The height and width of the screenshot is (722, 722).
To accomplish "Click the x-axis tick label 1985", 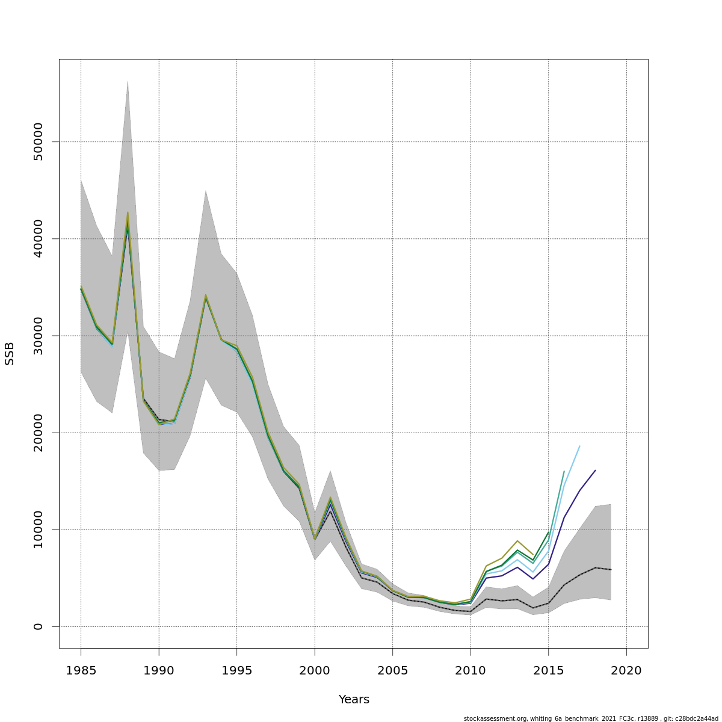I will [x=81, y=670].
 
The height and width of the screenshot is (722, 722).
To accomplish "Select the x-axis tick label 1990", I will [x=159, y=670].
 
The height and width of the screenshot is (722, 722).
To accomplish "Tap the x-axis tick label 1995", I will [x=236, y=670].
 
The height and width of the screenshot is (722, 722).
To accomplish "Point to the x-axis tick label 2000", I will [x=315, y=670].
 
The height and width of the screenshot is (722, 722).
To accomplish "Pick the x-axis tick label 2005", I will [x=392, y=670].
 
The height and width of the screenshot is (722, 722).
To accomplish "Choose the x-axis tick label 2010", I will [x=471, y=670].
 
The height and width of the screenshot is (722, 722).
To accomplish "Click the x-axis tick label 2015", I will [x=548, y=670].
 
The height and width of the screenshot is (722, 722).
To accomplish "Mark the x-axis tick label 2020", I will [x=626, y=670].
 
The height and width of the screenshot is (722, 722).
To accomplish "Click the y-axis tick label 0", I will [x=39, y=626].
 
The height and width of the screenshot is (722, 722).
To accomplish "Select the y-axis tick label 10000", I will [x=39, y=529].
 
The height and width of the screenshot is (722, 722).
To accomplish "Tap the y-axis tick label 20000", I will [x=39, y=433].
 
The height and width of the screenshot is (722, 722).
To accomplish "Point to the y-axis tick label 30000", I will [x=39, y=336].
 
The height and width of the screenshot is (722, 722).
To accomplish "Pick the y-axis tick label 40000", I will [x=39, y=239].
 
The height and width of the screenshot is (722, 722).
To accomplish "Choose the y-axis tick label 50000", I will [x=39, y=142].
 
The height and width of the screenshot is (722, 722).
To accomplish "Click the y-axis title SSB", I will [x=10, y=353].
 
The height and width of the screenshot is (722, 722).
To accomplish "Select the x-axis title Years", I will [x=354, y=700].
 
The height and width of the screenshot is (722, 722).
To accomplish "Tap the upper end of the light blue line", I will [x=579, y=446].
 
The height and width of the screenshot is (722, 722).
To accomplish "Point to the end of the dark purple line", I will [x=595, y=471].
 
